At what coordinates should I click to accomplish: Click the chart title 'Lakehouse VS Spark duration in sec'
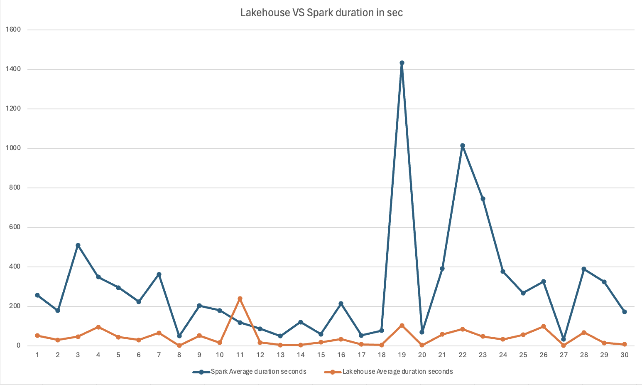point(321,13)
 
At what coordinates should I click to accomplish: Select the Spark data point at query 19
point(402,63)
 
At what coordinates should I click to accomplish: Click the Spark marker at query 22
point(463,146)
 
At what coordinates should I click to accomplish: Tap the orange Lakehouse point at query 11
point(240,299)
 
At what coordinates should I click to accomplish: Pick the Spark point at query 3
point(78,245)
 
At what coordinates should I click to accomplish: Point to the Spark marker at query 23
point(483,199)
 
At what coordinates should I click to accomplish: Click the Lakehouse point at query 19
point(402,326)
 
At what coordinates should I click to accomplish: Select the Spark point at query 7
point(159,274)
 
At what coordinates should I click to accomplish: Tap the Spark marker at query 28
point(584,269)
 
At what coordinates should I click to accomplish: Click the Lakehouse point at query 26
point(544,326)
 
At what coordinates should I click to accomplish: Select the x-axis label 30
point(624,355)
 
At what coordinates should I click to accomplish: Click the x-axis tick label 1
point(37,355)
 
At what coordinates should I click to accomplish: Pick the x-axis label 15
point(321,355)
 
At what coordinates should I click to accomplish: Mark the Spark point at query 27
point(564,339)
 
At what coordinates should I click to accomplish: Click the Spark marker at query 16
point(341,304)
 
